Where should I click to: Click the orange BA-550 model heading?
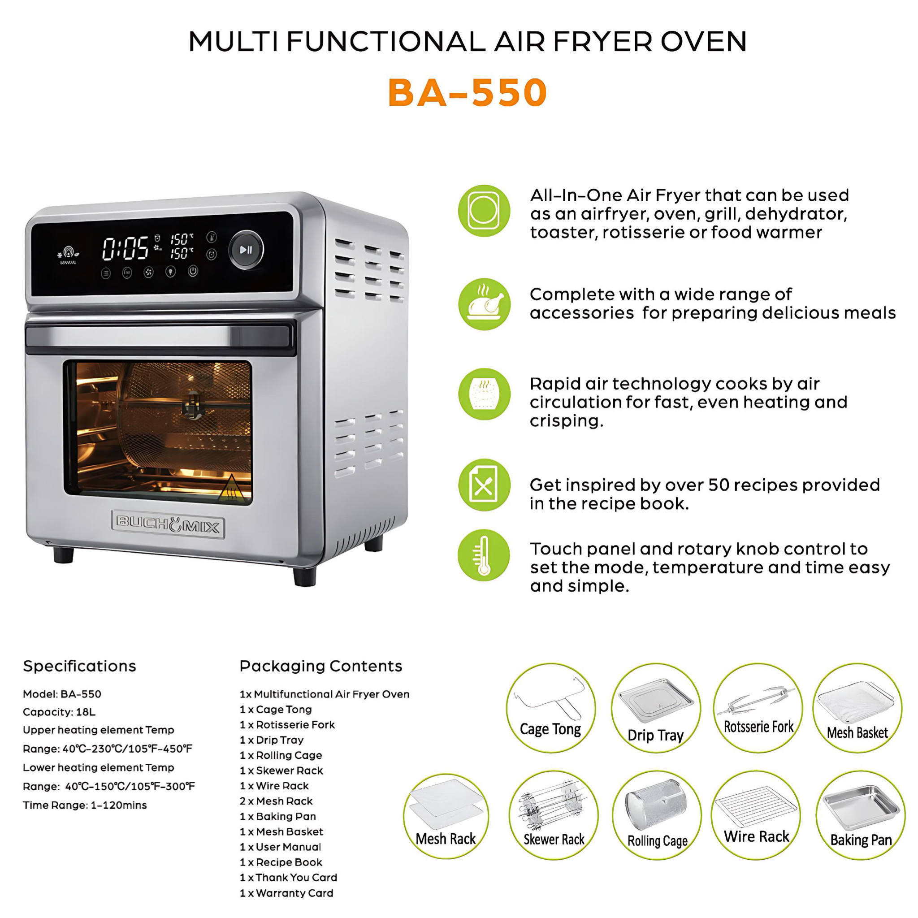[468, 92]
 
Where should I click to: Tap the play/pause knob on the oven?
[246, 250]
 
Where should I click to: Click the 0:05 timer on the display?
[126, 249]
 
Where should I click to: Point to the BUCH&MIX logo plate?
[168, 525]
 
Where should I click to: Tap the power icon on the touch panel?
[192, 271]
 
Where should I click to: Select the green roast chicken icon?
[484, 304]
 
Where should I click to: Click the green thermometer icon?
[484, 555]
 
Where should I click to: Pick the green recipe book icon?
[484, 485]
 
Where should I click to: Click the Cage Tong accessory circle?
[551, 708]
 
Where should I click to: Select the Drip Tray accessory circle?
[656, 708]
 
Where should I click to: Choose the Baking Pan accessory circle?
[861, 815]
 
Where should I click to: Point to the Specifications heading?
[79, 666]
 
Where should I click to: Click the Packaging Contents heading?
[321, 666]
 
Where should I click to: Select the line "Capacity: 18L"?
[59, 712]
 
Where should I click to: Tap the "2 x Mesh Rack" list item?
[276, 801]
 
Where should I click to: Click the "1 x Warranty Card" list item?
[286, 893]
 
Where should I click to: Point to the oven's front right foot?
[304, 576]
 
